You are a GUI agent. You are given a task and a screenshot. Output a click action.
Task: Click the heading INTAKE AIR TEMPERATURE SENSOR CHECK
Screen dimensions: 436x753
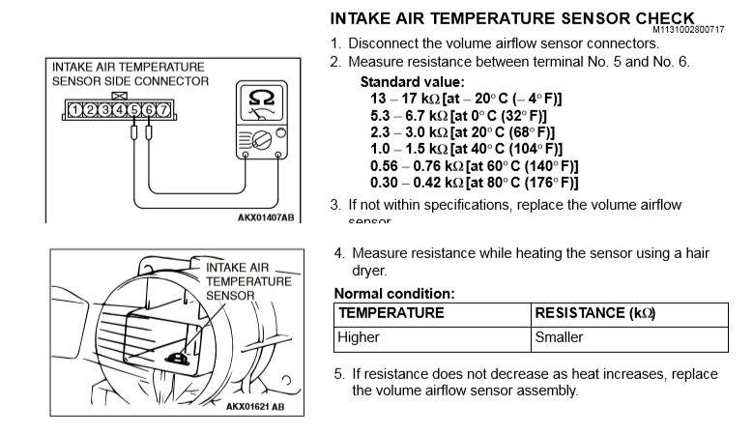[x=512, y=18]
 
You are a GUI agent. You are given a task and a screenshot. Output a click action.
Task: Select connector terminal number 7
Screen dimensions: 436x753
[x=163, y=109]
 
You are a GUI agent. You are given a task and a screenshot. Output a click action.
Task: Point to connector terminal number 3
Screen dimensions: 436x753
[x=104, y=109]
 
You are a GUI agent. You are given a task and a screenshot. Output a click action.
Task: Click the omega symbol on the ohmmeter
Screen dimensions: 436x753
[x=260, y=99]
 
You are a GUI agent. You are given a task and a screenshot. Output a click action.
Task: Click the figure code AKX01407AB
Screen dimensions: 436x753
[x=265, y=217]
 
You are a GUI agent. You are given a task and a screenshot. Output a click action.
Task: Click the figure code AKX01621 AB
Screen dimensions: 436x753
[x=255, y=406]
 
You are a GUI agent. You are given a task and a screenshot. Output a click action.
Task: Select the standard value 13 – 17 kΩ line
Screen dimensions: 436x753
[x=466, y=99]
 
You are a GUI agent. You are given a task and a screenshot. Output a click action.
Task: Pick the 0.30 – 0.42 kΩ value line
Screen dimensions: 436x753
[x=474, y=182]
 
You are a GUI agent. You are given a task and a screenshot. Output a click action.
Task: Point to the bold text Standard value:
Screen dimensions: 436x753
[x=412, y=82]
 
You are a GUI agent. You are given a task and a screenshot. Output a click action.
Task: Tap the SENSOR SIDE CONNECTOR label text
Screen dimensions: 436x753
[x=130, y=81]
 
